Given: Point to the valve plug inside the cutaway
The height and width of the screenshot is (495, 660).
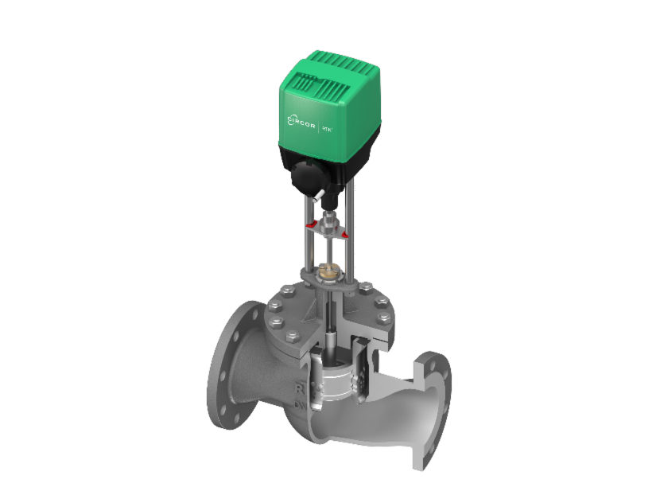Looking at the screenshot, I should coord(335,379).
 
